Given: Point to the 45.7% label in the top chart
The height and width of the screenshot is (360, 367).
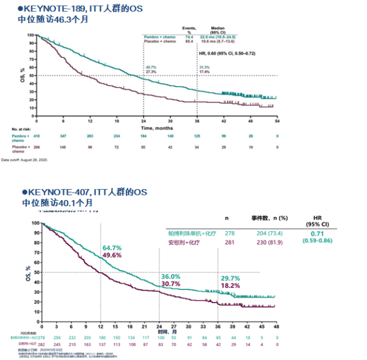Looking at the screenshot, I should pyautogui.click(x=151, y=66).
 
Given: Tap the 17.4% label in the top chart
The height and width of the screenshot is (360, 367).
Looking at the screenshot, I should pyautogui.click(x=204, y=71).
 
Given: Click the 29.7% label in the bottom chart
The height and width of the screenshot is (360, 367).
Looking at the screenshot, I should pyautogui.click(x=231, y=277).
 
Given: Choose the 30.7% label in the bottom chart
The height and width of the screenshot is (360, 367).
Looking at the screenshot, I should pyautogui.click(x=171, y=283).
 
